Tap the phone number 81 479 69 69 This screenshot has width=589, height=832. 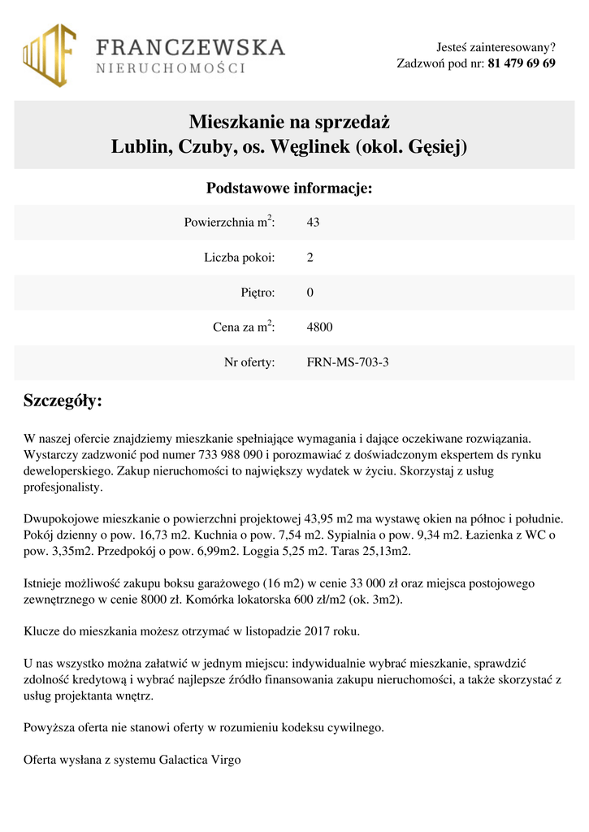pos(522,63)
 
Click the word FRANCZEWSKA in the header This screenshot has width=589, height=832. pos(191,47)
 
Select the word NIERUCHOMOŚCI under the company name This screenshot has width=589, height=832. pos(171,69)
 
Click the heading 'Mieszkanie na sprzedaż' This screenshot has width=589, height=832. pos(290,123)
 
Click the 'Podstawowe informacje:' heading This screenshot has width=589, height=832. pos(289,188)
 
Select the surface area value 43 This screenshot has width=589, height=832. pos(313,222)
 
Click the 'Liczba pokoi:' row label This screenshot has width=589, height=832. pos(240,258)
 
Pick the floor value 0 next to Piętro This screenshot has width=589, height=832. pos(310,292)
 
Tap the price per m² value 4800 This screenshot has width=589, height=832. pos(319,327)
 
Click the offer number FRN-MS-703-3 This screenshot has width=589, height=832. pos(348,362)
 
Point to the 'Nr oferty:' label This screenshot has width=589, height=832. pos(249,362)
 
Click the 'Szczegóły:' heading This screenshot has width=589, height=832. pos(63,401)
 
